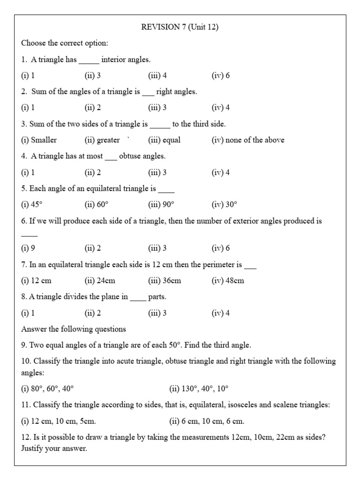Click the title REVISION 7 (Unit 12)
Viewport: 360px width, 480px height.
coord(180,27)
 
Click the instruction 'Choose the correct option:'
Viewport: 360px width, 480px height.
coord(65,44)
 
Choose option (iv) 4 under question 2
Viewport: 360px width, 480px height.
coord(220,108)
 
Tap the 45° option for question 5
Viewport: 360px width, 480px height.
coord(32,204)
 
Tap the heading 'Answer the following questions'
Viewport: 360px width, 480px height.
coord(74,329)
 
